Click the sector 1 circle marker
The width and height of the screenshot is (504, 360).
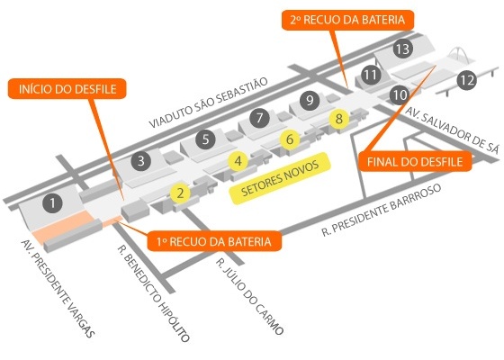[52, 202]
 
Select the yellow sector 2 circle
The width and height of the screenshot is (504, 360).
[180, 193]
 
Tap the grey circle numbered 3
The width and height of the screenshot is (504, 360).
[141, 160]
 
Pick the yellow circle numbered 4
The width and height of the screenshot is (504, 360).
[238, 161]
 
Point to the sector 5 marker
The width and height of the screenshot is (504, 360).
[206, 139]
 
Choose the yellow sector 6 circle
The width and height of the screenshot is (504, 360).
[290, 139]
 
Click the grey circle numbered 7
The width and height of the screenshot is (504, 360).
[259, 118]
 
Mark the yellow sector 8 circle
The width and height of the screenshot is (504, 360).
[339, 119]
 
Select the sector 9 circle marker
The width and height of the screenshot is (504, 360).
[310, 100]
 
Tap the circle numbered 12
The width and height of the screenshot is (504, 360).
[467, 80]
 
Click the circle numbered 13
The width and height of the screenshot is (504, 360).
[403, 49]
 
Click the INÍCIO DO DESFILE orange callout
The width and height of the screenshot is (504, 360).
[67, 89]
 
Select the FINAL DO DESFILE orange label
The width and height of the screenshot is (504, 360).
[415, 161]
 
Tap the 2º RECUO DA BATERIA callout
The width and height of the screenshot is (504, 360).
[347, 20]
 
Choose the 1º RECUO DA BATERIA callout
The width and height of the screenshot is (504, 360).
[214, 241]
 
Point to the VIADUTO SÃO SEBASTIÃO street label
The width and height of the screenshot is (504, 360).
[209, 103]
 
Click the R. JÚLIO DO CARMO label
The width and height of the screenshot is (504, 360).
[249, 296]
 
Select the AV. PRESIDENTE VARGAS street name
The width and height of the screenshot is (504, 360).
[58, 289]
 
